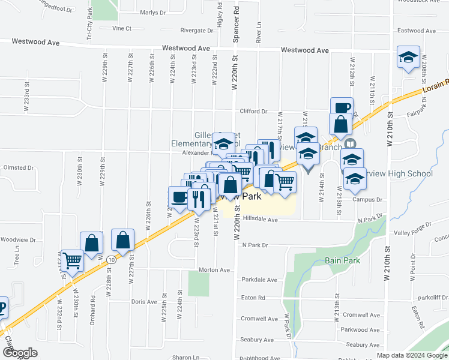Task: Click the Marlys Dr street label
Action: [152, 13]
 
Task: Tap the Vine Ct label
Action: [121, 28]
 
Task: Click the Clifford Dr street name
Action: [253, 112]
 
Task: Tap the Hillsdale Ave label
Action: [260, 220]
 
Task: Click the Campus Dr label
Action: [367, 200]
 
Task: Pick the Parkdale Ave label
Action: [259, 280]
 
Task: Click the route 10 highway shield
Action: [112, 259]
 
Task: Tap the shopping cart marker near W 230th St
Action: [72, 260]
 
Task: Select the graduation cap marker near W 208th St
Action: [408, 58]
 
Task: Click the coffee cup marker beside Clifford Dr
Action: [342, 107]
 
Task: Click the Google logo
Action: [20, 353]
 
